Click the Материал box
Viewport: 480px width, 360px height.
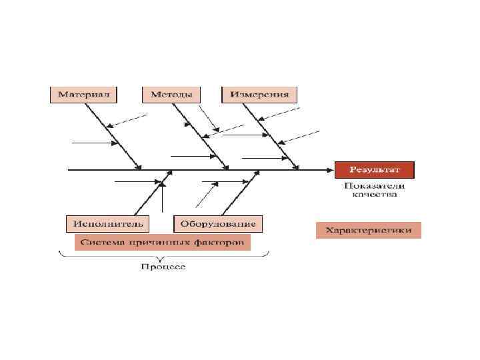click(83, 94)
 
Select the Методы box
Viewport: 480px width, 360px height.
click(171, 94)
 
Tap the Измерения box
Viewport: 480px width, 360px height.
click(259, 94)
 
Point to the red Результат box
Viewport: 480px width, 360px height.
click(374, 169)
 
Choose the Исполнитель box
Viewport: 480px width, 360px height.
click(107, 223)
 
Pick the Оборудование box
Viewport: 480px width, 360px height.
click(218, 223)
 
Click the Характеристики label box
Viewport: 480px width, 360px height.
click(368, 231)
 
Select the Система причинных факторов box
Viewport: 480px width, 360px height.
click(163, 242)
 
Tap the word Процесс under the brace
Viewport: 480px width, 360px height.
click(163, 267)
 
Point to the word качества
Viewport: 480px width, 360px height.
click(374, 195)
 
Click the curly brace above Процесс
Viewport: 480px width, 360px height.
click(163, 255)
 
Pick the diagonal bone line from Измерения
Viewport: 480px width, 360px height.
click(273, 137)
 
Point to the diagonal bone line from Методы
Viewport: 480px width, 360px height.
click(200, 137)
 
